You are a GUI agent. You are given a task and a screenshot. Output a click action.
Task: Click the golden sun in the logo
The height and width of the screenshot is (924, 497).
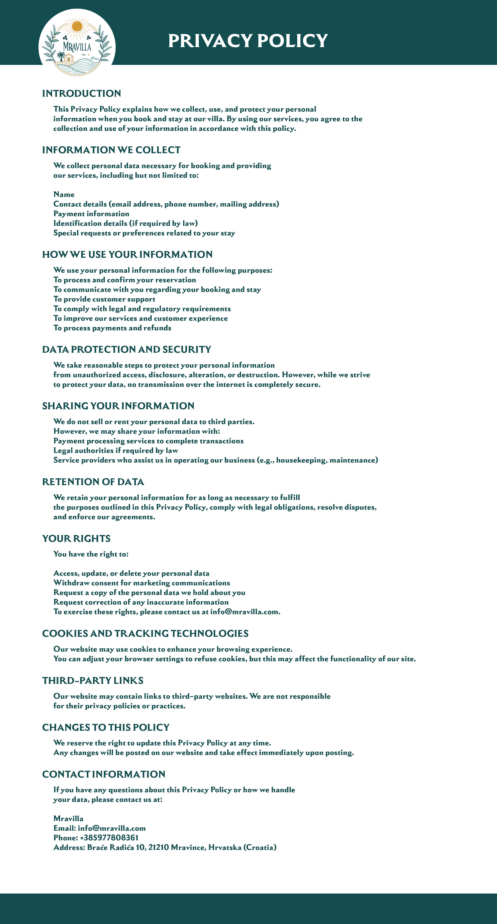pos(77,26)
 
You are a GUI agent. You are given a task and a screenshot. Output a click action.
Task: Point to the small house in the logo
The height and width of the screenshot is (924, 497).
pos(69,58)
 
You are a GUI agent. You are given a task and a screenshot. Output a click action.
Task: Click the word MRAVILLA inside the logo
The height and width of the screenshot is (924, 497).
pos(77,47)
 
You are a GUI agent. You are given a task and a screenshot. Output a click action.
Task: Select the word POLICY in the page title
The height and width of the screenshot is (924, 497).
pos(292,40)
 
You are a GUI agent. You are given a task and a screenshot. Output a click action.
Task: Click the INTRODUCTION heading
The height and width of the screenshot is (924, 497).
pos(81,93)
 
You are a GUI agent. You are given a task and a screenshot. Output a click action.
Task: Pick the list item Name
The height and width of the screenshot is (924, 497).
pos(64,194)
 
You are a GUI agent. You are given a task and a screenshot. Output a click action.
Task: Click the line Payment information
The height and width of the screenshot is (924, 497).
pos(91,214)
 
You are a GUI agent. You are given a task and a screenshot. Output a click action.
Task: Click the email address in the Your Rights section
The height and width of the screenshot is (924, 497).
pos(244,612)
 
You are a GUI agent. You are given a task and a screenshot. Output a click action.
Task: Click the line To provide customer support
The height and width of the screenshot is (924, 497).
pos(104,299)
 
